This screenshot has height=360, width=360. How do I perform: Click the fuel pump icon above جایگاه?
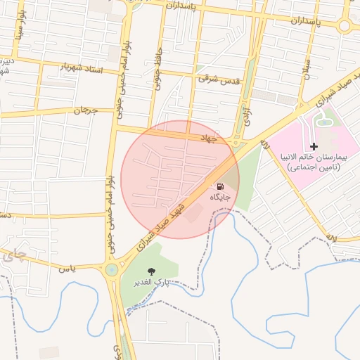click(x=220, y=186)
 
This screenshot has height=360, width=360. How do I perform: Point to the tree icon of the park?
click(x=151, y=271)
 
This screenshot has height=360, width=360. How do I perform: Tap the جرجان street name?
click(x=84, y=110)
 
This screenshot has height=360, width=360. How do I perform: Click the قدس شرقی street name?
click(x=219, y=80)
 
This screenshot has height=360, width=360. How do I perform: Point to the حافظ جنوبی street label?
click(x=158, y=72)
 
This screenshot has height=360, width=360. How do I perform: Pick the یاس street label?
click(x=67, y=268)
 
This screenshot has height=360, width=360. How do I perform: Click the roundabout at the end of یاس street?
click(x=111, y=269)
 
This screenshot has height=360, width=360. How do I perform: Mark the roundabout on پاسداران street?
click(x=345, y=26)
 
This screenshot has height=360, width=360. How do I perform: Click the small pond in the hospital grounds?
click(x=324, y=123)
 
